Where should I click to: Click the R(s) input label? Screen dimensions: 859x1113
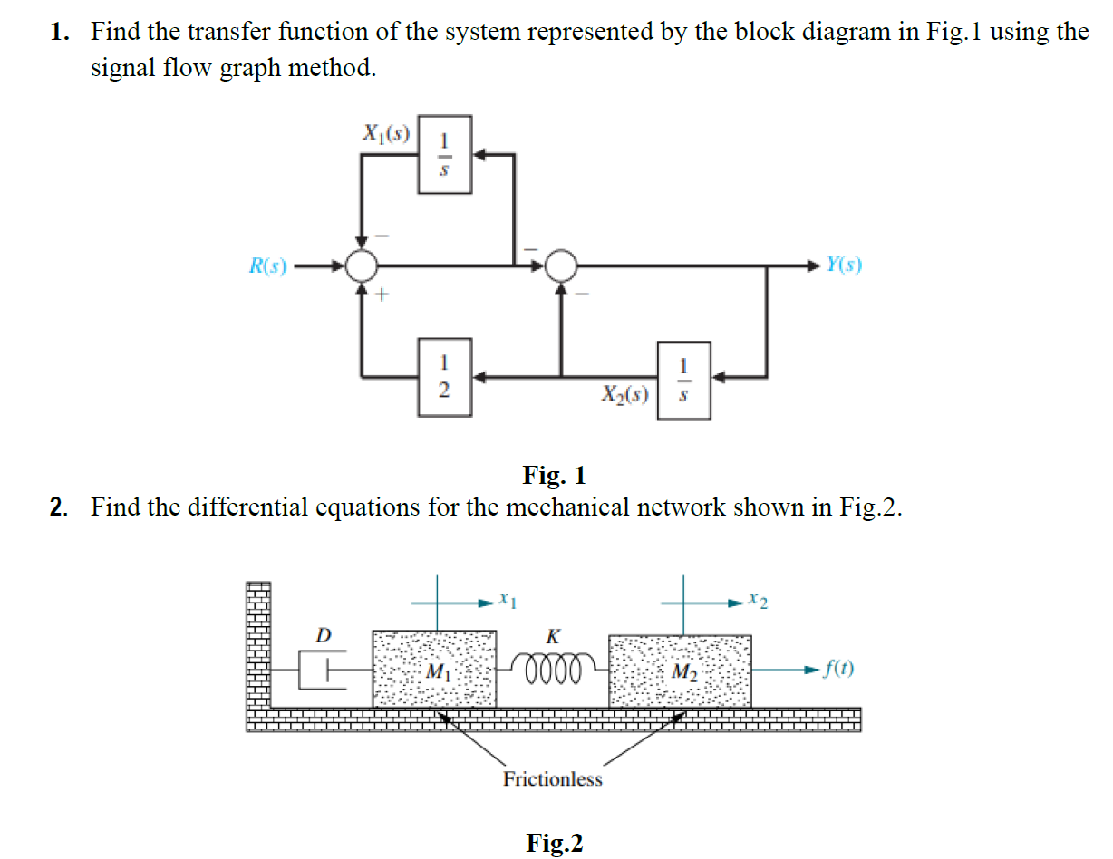(267, 265)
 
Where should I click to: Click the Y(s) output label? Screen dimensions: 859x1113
(843, 265)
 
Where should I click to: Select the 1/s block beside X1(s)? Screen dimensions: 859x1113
(444, 154)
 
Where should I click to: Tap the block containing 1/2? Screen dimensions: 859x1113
(444, 377)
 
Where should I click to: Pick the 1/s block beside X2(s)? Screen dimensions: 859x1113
(684, 381)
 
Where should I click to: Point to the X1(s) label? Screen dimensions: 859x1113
(386, 134)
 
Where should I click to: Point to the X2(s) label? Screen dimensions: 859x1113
(624, 394)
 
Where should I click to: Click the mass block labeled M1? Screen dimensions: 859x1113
(434, 671)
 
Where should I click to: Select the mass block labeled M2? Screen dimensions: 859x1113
(681, 671)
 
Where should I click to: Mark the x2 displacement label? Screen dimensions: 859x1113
(759, 600)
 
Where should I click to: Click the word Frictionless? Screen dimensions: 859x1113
(552, 779)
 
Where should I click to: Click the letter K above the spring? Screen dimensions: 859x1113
(552, 637)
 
